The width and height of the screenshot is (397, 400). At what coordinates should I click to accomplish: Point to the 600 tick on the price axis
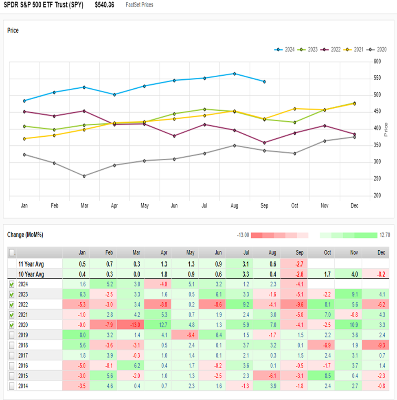pyautogui.click(x=377, y=61)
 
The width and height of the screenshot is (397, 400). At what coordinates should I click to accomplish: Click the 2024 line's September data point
pyautogui.click(x=264, y=82)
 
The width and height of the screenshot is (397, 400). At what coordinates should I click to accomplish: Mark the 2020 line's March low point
pyautogui.click(x=84, y=176)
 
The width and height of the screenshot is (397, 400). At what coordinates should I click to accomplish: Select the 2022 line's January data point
pyautogui.click(x=24, y=111)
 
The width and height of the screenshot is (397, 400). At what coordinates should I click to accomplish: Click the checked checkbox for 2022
pyautogui.click(x=11, y=304)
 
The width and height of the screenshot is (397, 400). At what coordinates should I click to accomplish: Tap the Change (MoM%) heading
pyautogui.click(x=25, y=235)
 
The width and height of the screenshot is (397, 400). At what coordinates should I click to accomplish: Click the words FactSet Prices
pyautogui.click(x=140, y=5)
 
